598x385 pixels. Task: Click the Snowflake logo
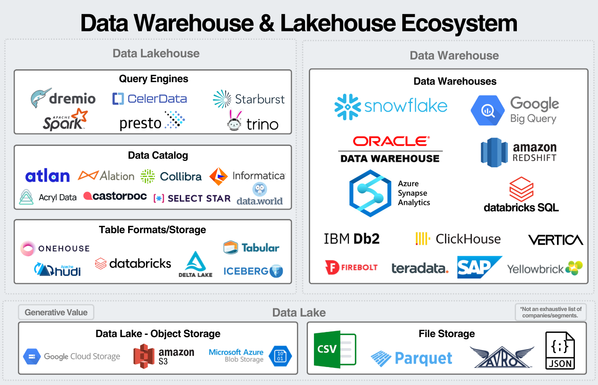click(x=390, y=106)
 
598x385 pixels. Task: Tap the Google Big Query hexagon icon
click(x=487, y=110)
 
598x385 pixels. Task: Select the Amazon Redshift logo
click(x=519, y=152)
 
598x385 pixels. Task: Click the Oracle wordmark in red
click(x=390, y=141)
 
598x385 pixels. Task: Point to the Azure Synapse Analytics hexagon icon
click(x=370, y=193)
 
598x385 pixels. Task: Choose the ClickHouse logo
click(x=458, y=239)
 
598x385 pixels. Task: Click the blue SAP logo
click(x=479, y=267)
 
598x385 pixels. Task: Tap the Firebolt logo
click(x=351, y=267)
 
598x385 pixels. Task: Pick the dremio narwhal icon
click(x=41, y=98)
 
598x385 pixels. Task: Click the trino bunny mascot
click(x=235, y=121)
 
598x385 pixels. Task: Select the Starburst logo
click(x=249, y=99)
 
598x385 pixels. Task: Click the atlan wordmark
click(x=47, y=176)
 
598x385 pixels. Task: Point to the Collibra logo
click(x=171, y=176)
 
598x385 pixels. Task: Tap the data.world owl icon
click(x=260, y=189)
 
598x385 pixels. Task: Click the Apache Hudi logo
click(x=57, y=269)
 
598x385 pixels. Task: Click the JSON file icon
click(x=560, y=350)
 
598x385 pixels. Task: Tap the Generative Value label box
click(x=56, y=312)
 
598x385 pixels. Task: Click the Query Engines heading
click(x=153, y=79)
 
